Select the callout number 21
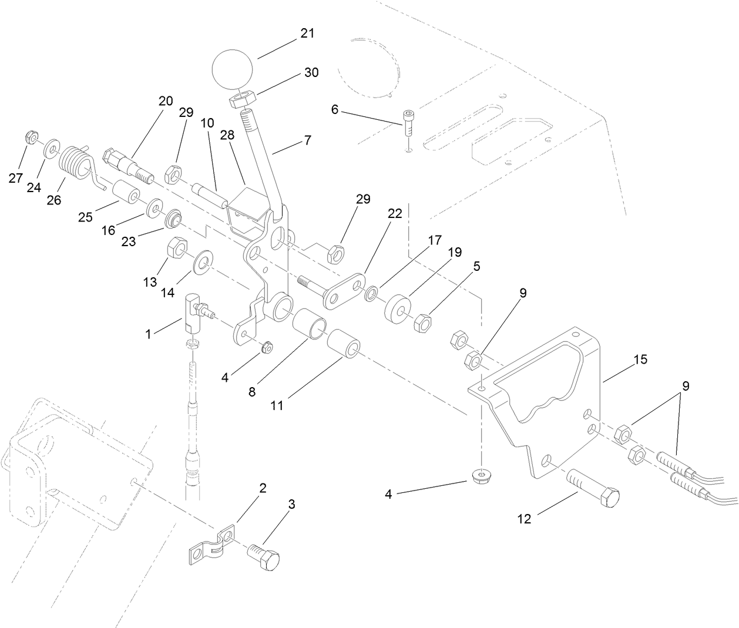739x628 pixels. (307, 33)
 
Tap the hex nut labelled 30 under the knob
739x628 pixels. (241, 98)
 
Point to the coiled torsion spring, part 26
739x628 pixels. (76, 159)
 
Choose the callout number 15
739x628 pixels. (640, 359)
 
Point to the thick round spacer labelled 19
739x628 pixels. (398, 308)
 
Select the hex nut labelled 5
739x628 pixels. (424, 323)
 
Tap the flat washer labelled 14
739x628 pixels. (203, 258)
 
